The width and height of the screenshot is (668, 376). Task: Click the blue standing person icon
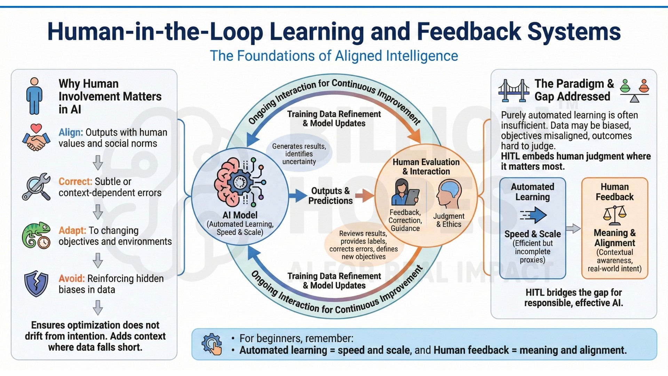click(34, 96)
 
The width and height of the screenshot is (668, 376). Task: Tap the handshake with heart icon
click(36, 138)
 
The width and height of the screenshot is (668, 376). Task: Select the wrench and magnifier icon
click(36, 187)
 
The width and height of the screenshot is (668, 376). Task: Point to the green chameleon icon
click(36, 235)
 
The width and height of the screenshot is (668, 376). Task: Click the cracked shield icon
click(36, 283)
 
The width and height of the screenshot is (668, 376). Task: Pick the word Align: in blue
click(71, 133)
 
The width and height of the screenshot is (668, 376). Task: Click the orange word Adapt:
click(72, 230)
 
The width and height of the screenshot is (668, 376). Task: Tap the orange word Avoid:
click(72, 279)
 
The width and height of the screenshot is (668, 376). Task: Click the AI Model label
click(240, 215)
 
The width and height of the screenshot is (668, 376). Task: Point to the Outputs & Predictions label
click(330, 196)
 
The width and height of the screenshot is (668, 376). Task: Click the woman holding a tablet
click(405, 192)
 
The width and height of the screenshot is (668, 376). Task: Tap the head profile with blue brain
click(449, 194)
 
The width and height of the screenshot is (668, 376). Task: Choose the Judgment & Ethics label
click(449, 220)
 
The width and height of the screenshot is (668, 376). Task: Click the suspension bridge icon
click(514, 90)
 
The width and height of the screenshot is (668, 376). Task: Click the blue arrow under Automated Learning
click(533, 215)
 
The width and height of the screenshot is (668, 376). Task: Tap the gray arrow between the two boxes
click(573, 228)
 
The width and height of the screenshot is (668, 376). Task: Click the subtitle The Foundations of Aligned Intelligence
click(334, 56)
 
